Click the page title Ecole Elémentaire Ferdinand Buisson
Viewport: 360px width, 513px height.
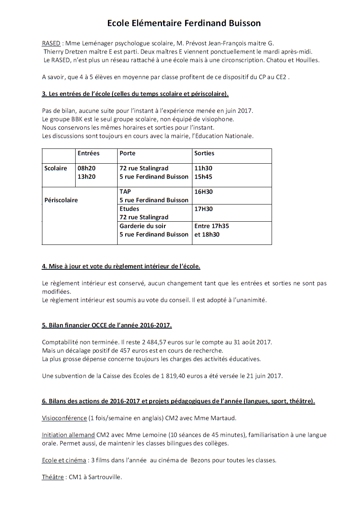click(x=184, y=23)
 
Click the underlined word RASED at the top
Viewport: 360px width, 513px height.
click(x=51, y=43)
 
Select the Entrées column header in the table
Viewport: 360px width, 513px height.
click(x=88, y=153)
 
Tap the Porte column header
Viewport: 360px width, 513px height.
click(x=127, y=153)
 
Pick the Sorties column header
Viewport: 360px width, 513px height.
click(x=204, y=153)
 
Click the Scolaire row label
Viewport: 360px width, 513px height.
click(x=56, y=168)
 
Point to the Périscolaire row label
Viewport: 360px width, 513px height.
click(x=61, y=200)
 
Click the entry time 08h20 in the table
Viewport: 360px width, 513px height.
click(x=86, y=168)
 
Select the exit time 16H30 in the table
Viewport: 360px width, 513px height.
click(x=203, y=192)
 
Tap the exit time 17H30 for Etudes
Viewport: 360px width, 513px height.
click(x=203, y=209)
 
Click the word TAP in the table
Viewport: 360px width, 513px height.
click(x=125, y=192)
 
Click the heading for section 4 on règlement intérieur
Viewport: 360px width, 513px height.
click(x=121, y=266)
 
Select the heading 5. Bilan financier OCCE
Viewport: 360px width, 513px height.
click(x=107, y=325)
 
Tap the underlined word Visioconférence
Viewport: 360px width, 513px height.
click(x=64, y=418)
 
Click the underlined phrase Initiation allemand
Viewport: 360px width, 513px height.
click(x=68, y=435)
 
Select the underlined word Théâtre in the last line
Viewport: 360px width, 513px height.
click(x=53, y=477)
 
